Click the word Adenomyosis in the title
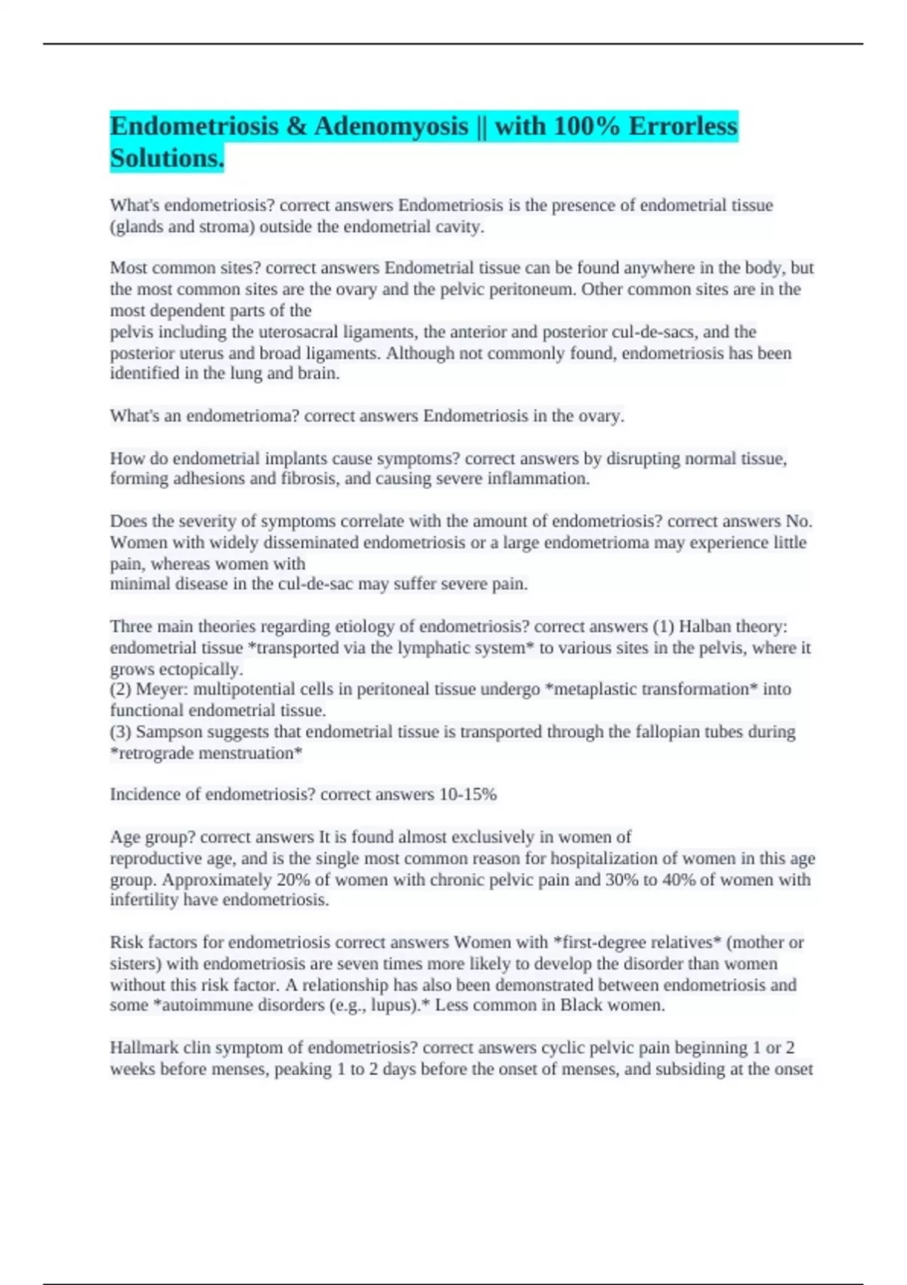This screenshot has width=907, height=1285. tap(391, 125)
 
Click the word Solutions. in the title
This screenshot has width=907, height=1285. tap(167, 158)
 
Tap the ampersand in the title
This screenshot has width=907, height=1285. tap(296, 125)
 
